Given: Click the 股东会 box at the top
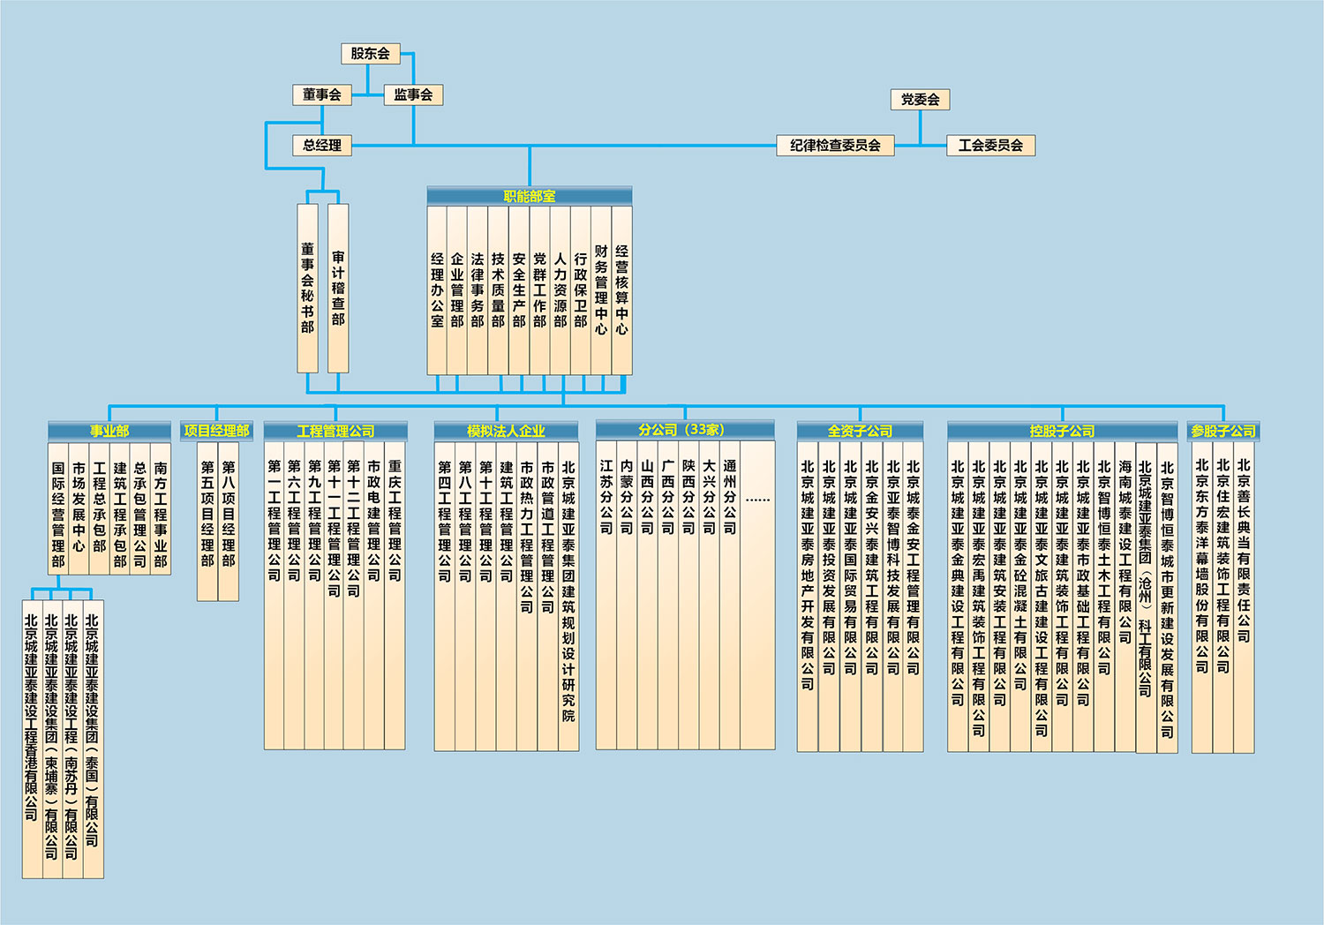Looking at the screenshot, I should (x=370, y=54).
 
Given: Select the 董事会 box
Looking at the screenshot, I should (x=321, y=94).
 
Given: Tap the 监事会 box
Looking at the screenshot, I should (x=413, y=94).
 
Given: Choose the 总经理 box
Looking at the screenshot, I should (x=321, y=145).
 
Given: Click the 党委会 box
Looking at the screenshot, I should (x=920, y=100).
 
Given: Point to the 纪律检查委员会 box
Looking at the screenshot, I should (x=835, y=145).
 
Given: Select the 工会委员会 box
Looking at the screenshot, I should (x=990, y=145).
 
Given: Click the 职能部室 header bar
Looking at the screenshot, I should (x=530, y=196).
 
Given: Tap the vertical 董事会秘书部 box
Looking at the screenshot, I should (x=307, y=288).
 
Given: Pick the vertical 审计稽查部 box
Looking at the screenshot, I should (x=338, y=288).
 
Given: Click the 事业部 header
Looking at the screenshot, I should (x=109, y=431).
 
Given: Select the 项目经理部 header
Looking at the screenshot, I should (x=217, y=431).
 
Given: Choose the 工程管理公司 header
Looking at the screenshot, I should (x=335, y=431).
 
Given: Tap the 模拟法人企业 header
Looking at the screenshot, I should (x=506, y=431).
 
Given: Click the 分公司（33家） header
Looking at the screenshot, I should (x=685, y=430).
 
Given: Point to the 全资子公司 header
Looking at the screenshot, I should (x=860, y=431).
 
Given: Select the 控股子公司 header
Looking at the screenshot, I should (x=1062, y=431).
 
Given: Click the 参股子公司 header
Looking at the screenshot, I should (x=1223, y=431).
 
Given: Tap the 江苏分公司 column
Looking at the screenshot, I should (x=606, y=498).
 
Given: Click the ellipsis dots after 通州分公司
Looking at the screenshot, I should (x=757, y=500).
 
